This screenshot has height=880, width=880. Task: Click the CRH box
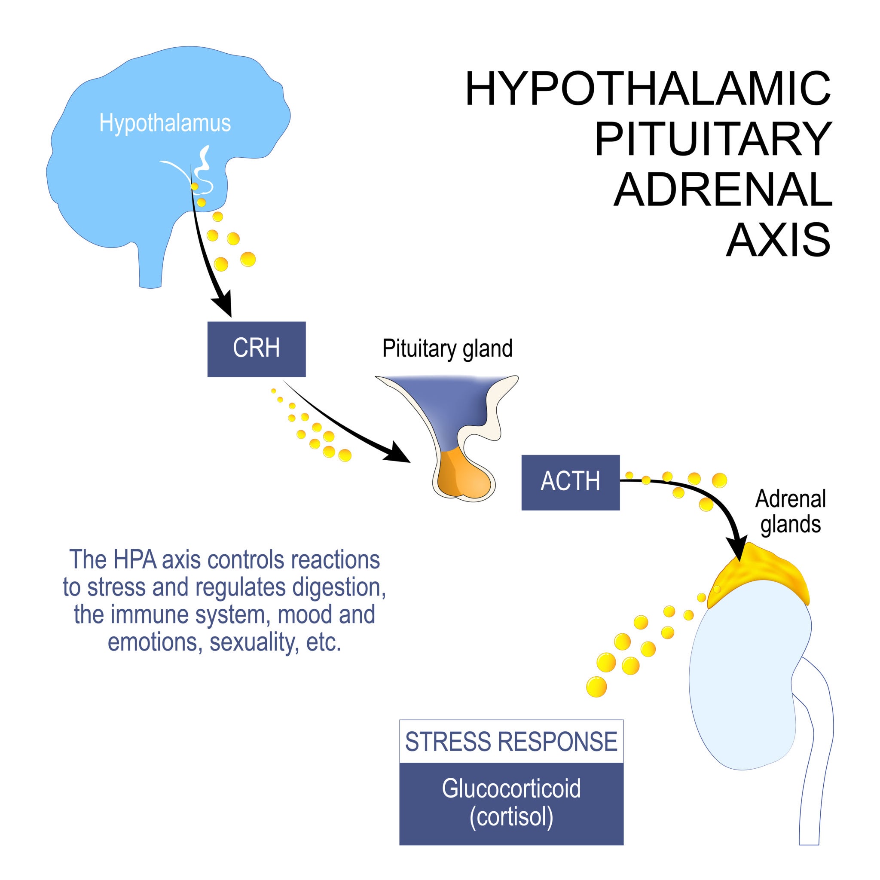tap(257, 349)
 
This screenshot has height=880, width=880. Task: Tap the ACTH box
tap(570, 482)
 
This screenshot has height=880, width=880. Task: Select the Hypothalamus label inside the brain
tap(165, 123)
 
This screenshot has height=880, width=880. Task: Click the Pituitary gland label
tap(447, 348)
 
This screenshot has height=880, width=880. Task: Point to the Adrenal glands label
tap(790, 511)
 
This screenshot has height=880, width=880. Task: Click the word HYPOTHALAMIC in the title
tap(648, 89)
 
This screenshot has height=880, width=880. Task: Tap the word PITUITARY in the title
tap(713, 139)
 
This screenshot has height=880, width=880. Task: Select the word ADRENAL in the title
tap(723, 189)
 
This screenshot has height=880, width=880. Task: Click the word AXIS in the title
tap(779, 240)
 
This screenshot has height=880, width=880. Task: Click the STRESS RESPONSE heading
tap(511, 742)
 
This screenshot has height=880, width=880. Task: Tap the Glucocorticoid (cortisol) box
tap(511, 803)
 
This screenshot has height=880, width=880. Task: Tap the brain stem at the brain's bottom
tap(151, 269)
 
